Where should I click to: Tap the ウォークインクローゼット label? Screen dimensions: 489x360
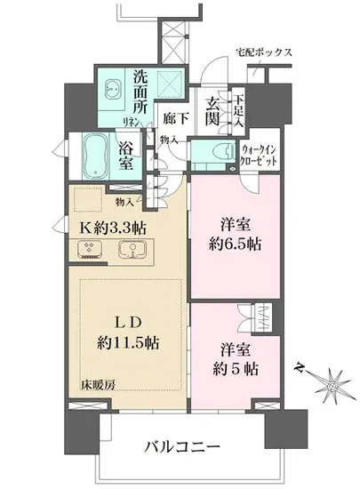coord(260,157)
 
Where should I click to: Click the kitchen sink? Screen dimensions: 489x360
coord(132,252)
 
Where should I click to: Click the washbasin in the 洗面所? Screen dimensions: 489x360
coord(113,89)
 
